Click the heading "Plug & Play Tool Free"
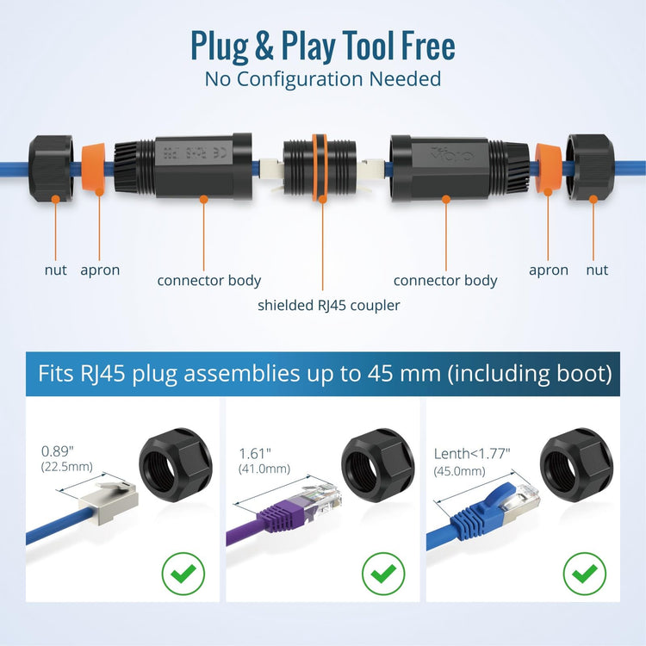[x=323, y=47]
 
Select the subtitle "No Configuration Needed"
[x=323, y=79]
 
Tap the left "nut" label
[x=56, y=270]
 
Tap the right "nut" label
[x=597, y=270]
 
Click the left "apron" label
[x=100, y=271]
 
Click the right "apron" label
[x=549, y=271]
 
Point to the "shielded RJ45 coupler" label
[x=329, y=306]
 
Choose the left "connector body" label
[x=209, y=281]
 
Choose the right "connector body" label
[x=445, y=281]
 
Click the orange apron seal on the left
[x=94, y=168]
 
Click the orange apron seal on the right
[x=548, y=168]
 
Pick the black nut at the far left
[x=51, y=168]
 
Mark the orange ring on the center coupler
[x=320, y=167]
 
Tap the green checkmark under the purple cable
[x=383, y=573]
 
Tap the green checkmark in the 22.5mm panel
[x=183, y=573]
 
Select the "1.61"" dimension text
[x=255, y=454]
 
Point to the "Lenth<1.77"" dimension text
[x=472, y=454]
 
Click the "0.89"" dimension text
[x=57, y=451]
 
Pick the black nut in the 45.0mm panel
[x=576, y=465]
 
